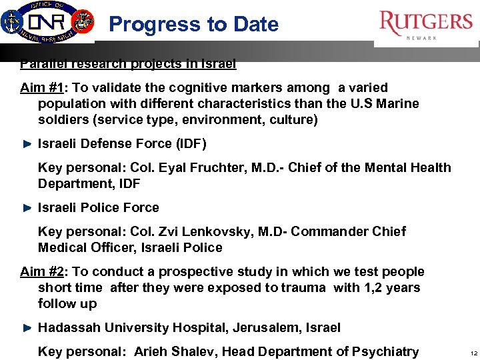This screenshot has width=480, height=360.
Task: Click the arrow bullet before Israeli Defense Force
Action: (27, 144)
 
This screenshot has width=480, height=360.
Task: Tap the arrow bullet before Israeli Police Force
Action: (27, 208)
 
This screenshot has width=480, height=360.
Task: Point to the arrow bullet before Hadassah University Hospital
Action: (27, 328)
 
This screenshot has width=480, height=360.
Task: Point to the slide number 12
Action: (473, 353)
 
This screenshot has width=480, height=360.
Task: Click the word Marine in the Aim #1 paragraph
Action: (397, 103)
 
